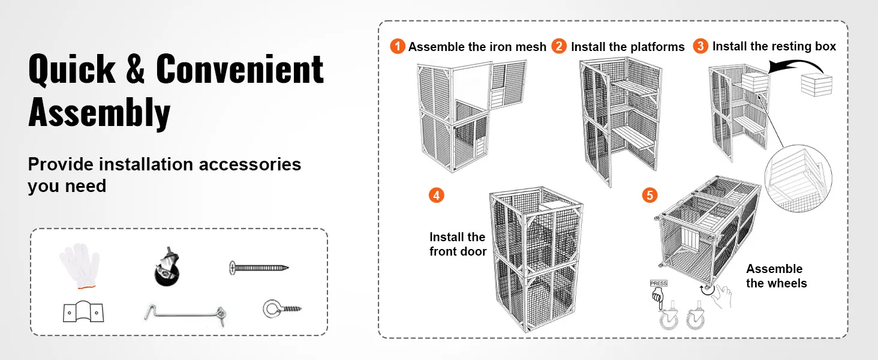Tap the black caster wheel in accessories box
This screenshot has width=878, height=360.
tap(166, 268)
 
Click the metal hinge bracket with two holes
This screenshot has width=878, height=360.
tap(83, 312)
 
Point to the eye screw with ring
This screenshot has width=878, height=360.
tap(281, 310)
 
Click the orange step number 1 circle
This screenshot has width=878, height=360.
tap(398, 46)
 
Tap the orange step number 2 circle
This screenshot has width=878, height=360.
tap(559, 46)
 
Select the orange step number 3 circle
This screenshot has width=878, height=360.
tap(700, 46)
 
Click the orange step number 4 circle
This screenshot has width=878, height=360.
tap(437, 195)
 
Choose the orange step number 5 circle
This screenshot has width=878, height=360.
tap(650, 195)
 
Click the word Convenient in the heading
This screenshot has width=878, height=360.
tap(240, 70)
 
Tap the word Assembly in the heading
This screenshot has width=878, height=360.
tap(100, 112)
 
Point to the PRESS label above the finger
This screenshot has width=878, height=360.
tap(658, 283)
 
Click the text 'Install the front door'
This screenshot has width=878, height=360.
tap(458, 244)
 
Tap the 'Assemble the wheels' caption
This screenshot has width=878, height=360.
tap(776, 276)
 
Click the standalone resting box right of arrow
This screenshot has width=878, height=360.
tap(817, 85)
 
